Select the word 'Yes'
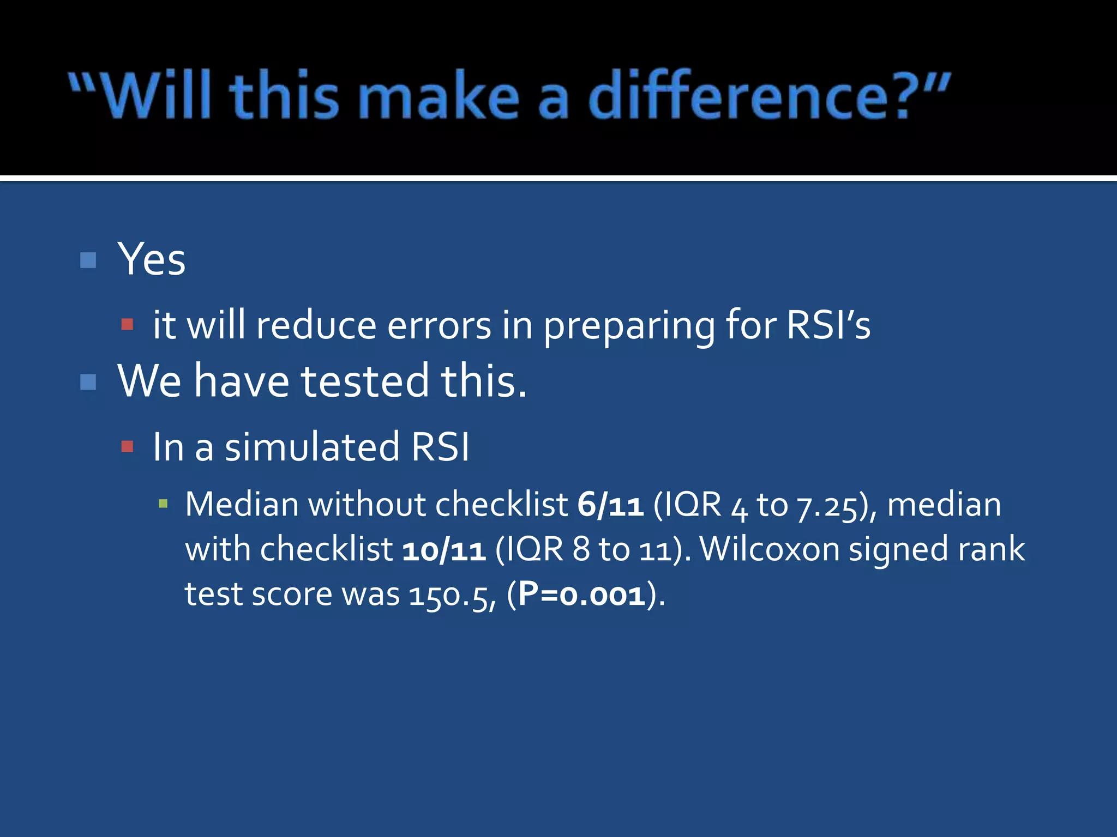[x=152, y=260]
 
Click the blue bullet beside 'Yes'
[x=88, y=260]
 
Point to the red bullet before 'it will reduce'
[x=127, y=325]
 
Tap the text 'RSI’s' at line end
[x=828, y=325]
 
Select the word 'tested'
[x=365, y=381]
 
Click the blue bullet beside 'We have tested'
[x=88, y=382]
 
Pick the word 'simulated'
[x=312, y=447]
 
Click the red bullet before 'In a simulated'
[x=127, y=447]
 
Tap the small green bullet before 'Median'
[x=163, y=504]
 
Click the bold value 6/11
[x=610, y=505]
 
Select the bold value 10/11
[x=444, y=550]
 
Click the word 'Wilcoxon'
[x=770, y=549]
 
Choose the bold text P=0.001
[x=582, y=595]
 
